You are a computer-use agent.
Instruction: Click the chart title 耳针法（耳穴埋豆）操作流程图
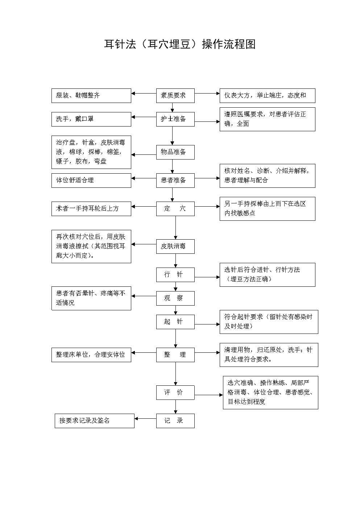pyautogui.click(x=180, y=44)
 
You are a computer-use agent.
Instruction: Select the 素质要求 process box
pyautogui.click(x=175, y=95)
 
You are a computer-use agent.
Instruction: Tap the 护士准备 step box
pyautogui.click(x=175, y=119)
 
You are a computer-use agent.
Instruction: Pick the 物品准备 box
pyautogui.click(x=175, y=152)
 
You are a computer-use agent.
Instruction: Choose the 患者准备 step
pyautogui.click(x=175, y=180)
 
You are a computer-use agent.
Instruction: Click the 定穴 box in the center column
pyautogui.click(x=175, y=209)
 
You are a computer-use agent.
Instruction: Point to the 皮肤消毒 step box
pyautogui.click(x=175, y=247)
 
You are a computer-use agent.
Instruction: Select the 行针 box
pyautogui.click(x=175, y=275)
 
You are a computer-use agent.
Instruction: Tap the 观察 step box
pyautogui.click(x=175, y=298)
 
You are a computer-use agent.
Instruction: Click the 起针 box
pyautogui.click(x=175, y=322)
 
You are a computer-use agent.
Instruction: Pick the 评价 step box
pyautogui.click(x=175, y=393)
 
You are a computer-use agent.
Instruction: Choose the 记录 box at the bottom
pyautogui.click(x=175, y=421)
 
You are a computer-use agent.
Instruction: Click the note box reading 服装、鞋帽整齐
pyautogui.click(x=91, y=95)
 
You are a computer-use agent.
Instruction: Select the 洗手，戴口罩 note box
pyautogui.click(x=91, y=119)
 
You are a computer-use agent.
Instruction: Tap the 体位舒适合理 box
pyautogui.click(x=91, y=180)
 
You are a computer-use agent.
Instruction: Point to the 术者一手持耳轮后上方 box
pyautogui.click(x=91, y=209)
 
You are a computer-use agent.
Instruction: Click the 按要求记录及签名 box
pyautogui.click(x=94, y=421)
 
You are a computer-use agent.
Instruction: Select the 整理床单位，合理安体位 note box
pyautogui.click(x=91, y=355)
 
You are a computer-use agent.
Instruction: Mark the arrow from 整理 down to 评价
pyautogui.click(x=175, y=373)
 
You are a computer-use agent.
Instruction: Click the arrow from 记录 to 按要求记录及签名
pyautogui.click(x=145, y=419)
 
